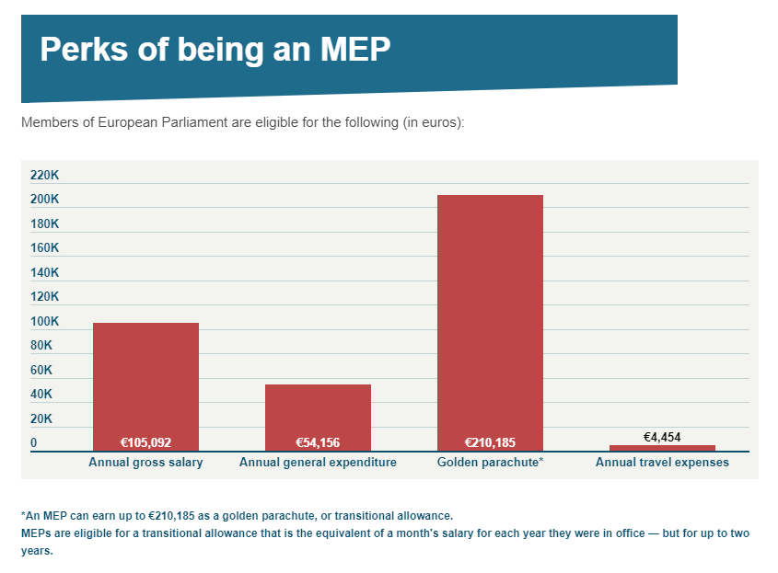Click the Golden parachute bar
(490, 313)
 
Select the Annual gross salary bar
(145, 377)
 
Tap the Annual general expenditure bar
(318, 409)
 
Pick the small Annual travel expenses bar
(662, 448)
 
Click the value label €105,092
(145, 442)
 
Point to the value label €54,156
(318, 442)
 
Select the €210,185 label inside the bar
(490, 442)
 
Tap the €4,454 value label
(662, 437)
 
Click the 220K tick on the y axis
(44, 175)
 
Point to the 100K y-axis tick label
(44, 321)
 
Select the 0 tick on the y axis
(34, 442)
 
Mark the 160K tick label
(44, 248)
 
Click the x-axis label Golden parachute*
(490, 463)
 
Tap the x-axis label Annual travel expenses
(662, 463)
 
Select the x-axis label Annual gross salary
(145, 463)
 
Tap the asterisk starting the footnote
(23, 514)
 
